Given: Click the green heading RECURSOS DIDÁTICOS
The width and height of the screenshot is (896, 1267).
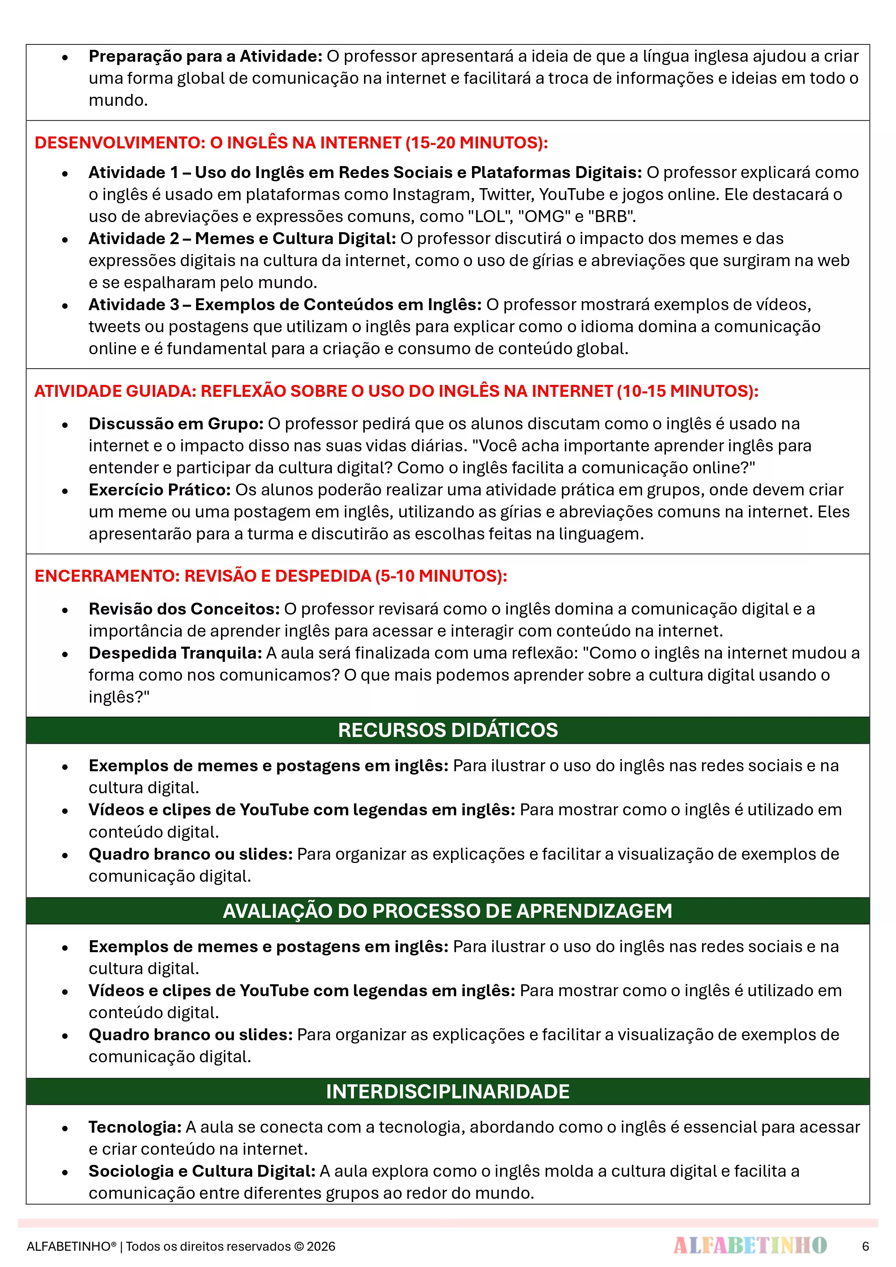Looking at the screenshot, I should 448,730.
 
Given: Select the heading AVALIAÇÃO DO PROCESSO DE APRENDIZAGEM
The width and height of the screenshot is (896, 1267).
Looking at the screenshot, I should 448,911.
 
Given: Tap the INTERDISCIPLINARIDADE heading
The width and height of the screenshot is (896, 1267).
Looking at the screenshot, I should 448,1092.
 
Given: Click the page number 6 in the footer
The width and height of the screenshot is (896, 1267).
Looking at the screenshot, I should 865,1246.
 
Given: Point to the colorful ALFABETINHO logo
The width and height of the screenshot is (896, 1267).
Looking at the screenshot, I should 750,1245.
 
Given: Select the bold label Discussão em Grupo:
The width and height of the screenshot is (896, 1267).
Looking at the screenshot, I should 176,424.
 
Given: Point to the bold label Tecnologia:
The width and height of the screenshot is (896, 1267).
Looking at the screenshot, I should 135,1127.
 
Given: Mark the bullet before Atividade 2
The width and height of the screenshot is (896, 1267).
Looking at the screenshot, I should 65,239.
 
